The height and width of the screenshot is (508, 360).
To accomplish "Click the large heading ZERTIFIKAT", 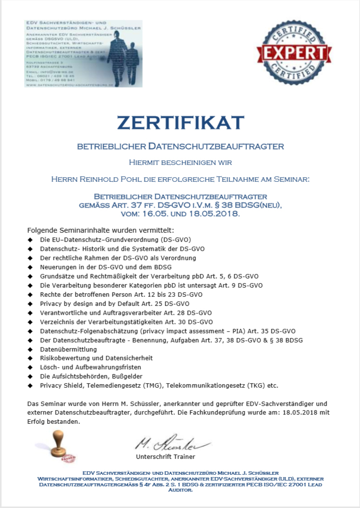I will click(180, 123).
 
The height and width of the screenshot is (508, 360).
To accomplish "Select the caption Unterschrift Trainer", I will click(165, 456).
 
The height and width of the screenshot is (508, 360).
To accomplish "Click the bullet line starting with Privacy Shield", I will click(159, 385).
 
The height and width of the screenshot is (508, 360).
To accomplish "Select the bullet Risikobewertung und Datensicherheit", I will click(96, 358).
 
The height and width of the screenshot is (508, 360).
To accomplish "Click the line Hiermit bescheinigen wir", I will click(180, 163).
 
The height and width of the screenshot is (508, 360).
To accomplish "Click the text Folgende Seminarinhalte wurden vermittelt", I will click(100, 230).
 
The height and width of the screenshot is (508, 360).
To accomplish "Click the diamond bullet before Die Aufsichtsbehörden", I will click(30, 376).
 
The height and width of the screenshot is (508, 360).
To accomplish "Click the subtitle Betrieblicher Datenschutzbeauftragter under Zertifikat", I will click(180, 146).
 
